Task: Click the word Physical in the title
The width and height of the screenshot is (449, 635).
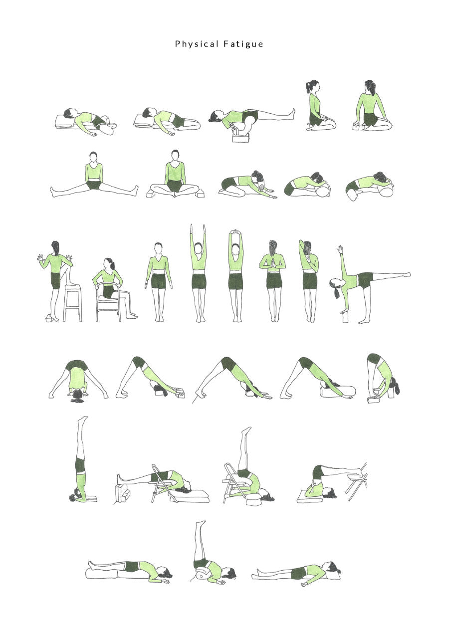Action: tap(197, 44)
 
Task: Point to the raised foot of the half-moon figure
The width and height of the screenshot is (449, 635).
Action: tap(407, 274)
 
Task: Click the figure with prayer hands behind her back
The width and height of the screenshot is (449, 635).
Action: tap(272, 281)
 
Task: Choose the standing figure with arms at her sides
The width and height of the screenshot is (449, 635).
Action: tap(159, 282)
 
